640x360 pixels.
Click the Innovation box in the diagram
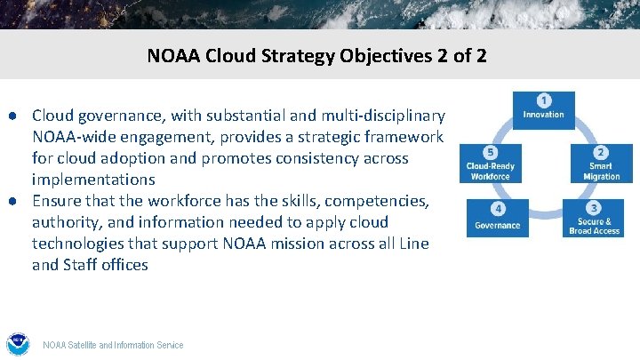543,111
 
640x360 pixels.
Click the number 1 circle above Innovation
543,100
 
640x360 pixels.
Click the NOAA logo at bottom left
18,344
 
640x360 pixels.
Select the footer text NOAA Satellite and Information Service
113,345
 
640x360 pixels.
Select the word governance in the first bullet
120,116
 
